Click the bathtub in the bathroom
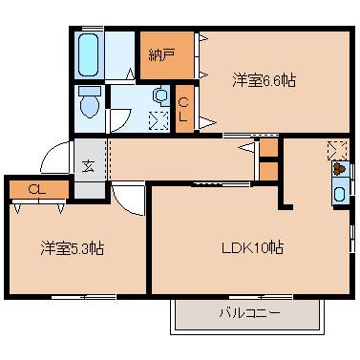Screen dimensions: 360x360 click(87, 55)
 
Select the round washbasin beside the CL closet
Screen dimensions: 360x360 click(160, 96)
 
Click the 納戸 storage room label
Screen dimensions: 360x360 click(162, 54)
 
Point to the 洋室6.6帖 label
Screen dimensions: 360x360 click(264, 81)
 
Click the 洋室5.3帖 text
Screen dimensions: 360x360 click(73, 248)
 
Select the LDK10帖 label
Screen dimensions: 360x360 click(251, 248)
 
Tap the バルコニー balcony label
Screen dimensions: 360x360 click(245, 313)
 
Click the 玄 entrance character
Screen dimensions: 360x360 click(87, 166)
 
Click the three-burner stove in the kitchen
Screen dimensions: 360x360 click(340, 171)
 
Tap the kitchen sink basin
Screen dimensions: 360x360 click(340, 194)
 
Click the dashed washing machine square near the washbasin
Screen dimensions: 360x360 click(159, 118)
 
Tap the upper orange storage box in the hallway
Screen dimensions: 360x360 click(268, 150)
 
